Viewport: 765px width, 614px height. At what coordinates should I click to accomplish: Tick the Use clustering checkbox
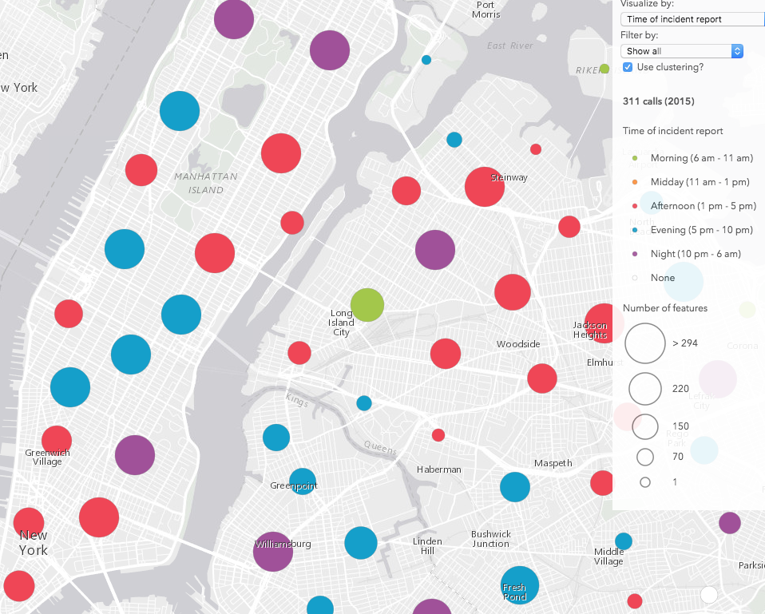628,67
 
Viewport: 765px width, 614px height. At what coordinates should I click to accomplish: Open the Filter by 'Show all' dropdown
681,51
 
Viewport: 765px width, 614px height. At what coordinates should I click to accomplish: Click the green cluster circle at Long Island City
367,305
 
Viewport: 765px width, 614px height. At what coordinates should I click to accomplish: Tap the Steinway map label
509,177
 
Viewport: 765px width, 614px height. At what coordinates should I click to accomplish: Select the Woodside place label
518,344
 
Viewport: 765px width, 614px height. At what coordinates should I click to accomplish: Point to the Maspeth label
553,463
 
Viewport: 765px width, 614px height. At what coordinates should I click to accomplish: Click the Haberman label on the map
439,469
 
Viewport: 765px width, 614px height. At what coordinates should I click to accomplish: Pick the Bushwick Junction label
490,538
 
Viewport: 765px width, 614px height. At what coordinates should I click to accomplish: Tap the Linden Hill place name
427,546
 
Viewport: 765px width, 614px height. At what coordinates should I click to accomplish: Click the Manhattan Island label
199,183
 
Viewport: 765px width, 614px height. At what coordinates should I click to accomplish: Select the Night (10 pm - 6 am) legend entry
696,254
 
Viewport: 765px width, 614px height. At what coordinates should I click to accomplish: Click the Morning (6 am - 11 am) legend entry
700,158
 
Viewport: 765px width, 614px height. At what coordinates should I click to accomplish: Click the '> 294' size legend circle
645,343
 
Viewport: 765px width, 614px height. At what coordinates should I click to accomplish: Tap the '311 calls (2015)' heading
658,101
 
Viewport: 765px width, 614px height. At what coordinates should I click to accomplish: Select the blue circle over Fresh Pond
520,585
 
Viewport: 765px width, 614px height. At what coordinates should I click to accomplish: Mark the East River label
509,46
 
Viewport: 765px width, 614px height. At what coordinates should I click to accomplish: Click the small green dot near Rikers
604,69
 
